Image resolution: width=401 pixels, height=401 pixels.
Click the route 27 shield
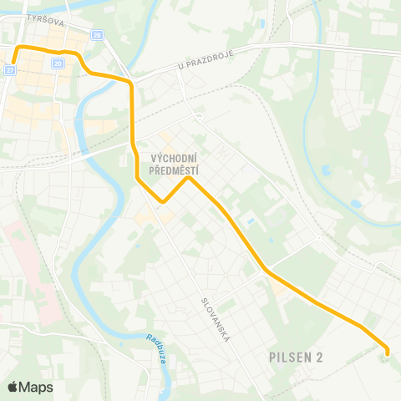(x=10, y=72)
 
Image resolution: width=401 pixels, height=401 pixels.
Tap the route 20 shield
(x=58, y=63)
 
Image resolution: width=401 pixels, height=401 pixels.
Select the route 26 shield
(x=98, y=36)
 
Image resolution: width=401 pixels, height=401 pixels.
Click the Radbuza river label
(x=156, y=349)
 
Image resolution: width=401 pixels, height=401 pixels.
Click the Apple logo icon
(x=13, y=387)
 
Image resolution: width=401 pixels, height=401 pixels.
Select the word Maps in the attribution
(x=36, y=387)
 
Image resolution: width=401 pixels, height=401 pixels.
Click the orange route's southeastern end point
(x=386, y=352)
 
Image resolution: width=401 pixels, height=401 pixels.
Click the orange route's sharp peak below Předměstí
(x=189, y=177)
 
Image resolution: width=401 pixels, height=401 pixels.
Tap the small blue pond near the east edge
(x=357, y=203)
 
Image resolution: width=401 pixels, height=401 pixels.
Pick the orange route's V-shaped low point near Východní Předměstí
(x=164, y=201)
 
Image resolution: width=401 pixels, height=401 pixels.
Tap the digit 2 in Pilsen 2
(x=320, y=357)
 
